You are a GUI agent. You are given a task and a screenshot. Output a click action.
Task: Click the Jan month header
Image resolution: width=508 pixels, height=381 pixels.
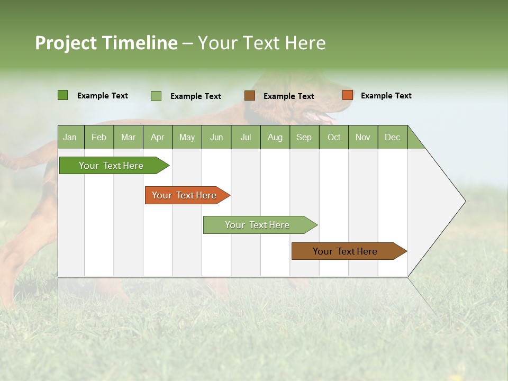coord(70,137)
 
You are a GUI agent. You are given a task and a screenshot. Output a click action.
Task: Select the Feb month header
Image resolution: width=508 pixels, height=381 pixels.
coord(99,137)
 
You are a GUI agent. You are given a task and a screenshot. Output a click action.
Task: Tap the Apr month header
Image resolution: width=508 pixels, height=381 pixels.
coord(157,137)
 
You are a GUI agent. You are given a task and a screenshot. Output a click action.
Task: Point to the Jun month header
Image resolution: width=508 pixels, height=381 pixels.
coord(216,137)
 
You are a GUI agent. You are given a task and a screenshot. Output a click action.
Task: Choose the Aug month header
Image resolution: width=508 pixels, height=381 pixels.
coord(275,137)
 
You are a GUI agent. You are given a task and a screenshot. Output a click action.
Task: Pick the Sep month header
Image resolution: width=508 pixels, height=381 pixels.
coord(304,137)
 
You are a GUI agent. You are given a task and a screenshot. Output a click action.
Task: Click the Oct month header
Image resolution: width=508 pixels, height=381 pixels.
coord(334,137)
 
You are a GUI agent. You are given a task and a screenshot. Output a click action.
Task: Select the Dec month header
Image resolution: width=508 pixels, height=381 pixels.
coord(392,137)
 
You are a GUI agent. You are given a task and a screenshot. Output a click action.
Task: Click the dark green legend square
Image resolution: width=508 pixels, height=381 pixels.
coord(63,95)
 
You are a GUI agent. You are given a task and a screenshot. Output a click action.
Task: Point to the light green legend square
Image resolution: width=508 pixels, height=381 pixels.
coord(156,96)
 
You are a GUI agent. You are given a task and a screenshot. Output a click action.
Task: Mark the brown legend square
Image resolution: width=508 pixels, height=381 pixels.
coord(250,96)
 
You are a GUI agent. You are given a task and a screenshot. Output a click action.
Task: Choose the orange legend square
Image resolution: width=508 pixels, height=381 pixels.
coord(348,95)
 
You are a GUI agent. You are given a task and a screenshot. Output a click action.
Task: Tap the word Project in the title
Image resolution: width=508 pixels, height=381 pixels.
coord(66,43)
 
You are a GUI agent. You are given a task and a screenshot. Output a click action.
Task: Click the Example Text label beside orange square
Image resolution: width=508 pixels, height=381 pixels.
coord(386,96)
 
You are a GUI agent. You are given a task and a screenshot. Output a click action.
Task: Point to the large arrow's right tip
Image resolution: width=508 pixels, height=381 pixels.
coord(465,201)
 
